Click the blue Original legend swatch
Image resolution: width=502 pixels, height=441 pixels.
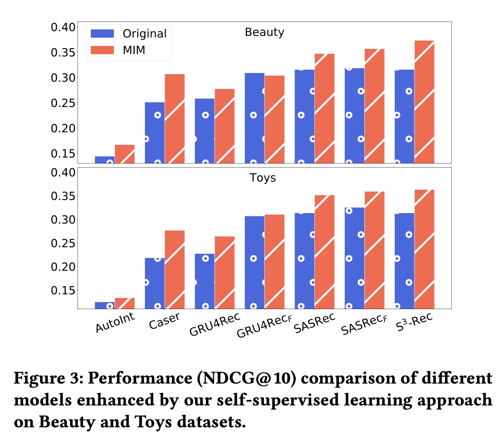tap(102, 33)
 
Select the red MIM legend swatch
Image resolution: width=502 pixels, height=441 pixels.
tap(102, 50)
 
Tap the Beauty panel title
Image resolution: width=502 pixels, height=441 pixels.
tap(264, 32)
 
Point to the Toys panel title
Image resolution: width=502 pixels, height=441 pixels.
tap(263, 178)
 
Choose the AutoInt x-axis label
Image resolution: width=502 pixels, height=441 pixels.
tap(115, 322)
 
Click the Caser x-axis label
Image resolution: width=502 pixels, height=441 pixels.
tap(164, 321)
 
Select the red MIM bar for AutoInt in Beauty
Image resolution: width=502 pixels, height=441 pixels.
tap(125, 154)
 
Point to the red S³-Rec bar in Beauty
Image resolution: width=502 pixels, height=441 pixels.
tap(424, 102)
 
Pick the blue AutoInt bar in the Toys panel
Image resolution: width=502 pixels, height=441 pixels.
tap(105, 305)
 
